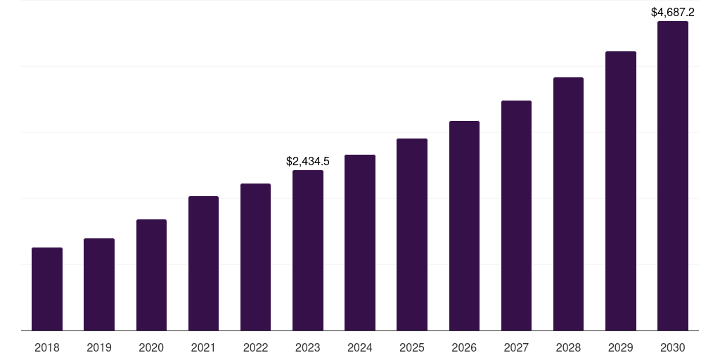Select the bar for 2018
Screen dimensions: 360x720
pyautogui.click(x=47, y=289)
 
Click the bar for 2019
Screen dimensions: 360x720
pyautogui.click(x=99, y=284)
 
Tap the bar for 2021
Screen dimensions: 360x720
pyautogui.click(x=203, y=263)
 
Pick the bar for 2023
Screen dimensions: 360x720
pyautogui.click(x=308, y=250)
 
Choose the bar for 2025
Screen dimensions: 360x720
pyautogui.click(x=412, y=234)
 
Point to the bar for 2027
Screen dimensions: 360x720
pyautogui.click(x=516, y=215)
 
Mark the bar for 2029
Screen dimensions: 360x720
pyautogui.click(x=621, y=191)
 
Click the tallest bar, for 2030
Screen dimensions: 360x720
pyautogui.click(x=673, y=176)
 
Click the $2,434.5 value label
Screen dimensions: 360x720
pyautogui.click(x=308, y=162)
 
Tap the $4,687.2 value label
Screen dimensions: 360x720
pyautogui.click(x=673, y=13)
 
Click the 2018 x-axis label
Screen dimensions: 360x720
pyautogui.click(x=47, y=347)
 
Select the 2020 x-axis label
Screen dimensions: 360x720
pyautogui.click(x=151, y=347)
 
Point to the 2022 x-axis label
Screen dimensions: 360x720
pyautogui.click(x=255, y=347)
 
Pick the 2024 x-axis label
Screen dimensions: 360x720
pyautogui.click(x=360, y=347)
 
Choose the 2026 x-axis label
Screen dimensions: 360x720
pyautogui.click(x=464, y=347)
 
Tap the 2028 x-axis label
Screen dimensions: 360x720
pyautogui.click(x=568, y=347)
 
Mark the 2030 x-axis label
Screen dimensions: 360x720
pyautogui.click(x=673, y=347)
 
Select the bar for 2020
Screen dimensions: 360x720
pyautogui.click(x=151, y=275)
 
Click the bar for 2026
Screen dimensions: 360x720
pyautogui.click(x=464, y=226)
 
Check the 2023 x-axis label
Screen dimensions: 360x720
pyautogui.click(x=308, y=347)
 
